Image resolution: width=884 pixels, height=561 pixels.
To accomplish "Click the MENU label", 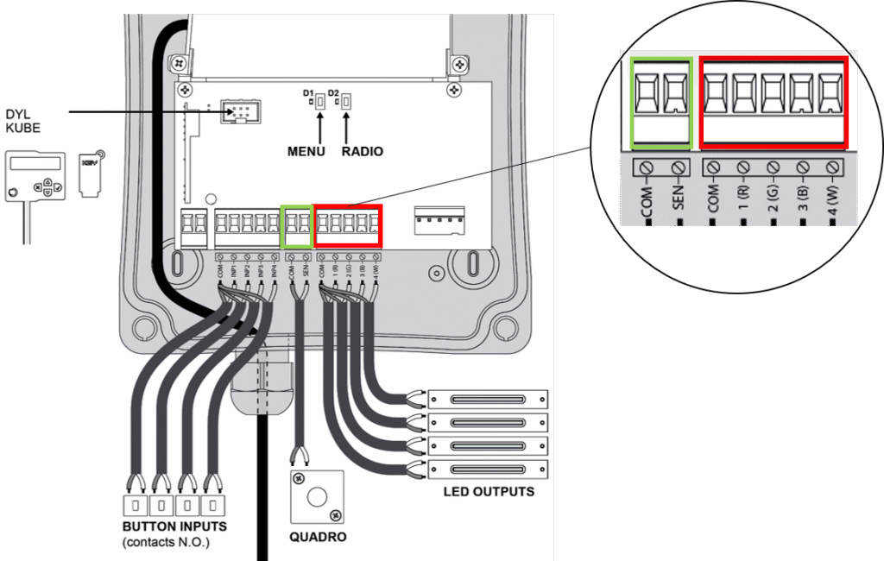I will pyautogui.click(x=306, y=151).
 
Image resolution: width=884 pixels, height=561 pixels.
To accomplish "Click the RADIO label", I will pyautogui.click(x=362, y=151).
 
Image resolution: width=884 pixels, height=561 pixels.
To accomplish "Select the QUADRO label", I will pyautogui.click(x=318, y=536).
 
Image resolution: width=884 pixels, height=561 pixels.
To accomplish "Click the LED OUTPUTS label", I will pyautogui.click(x=489, y=492).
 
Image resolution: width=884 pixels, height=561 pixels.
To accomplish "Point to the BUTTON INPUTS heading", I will pyautogui.click(x=174, y=526).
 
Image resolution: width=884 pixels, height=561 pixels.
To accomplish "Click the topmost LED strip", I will pyautogui.click(x=489, y=399).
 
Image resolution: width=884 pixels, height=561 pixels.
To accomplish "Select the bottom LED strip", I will pyautogui.click(x=489, y=470).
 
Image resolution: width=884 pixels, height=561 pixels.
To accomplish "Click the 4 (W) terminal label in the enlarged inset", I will pyautogui.click(x=832, y=205).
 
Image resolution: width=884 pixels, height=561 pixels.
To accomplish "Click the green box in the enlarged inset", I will pyautogui.click(x=662, y=102).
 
